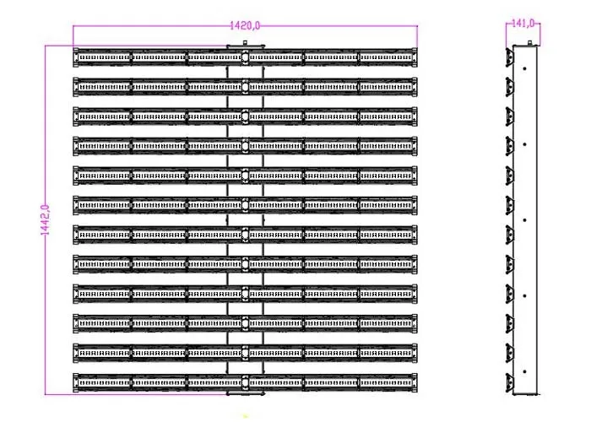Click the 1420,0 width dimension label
pos(245,25)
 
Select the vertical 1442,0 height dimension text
pos(45,220)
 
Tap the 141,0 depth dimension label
pos(523,24)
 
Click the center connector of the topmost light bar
pos(245,57)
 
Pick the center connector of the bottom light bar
pos(245,383)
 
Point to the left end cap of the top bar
pos(76,57)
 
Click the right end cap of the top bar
pos(415,57)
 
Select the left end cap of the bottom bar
pos(76,383)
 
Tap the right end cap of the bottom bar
pos(415,383)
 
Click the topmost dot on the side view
pos(524,68)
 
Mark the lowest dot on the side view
pos(524,371)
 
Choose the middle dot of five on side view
pos(524,220)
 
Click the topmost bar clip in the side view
pos(510,57)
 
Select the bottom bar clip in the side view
pos(510,383)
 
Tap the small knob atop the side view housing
pos(529,43)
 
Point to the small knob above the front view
pos(245,43)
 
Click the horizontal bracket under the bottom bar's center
pos(245,394)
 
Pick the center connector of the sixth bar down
pos(245,205)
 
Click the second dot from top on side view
pos(524,144)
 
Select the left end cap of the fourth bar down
pos(76,146)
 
